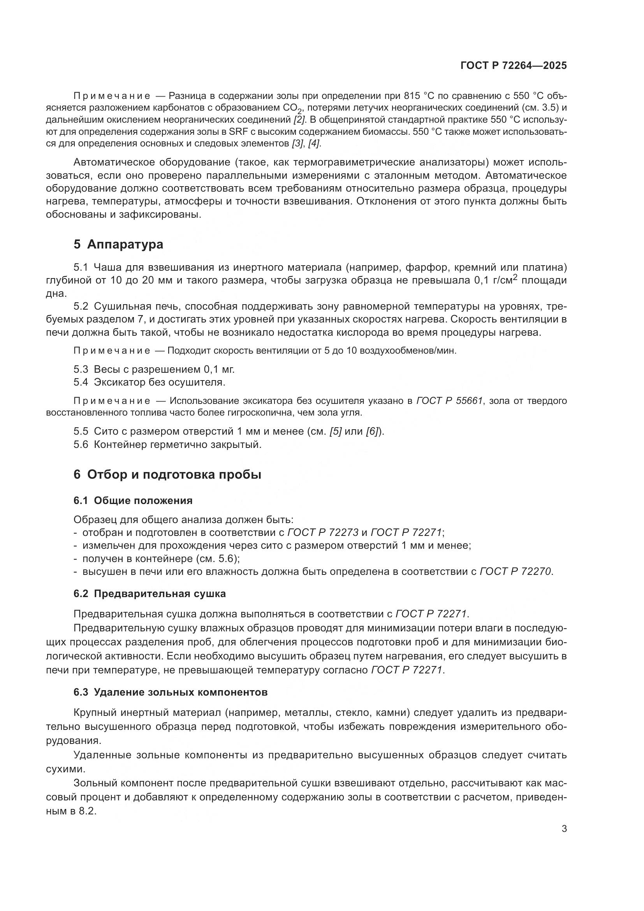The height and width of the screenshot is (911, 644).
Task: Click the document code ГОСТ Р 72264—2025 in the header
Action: click(x=514, y=65)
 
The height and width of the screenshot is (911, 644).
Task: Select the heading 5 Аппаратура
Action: click(x=118, y=245)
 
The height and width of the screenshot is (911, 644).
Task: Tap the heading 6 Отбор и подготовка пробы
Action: click(x=167, y=474)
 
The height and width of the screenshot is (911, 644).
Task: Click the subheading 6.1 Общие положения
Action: click(x=133, y=501)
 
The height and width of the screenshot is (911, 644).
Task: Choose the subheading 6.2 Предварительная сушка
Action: click(x=150, y=594)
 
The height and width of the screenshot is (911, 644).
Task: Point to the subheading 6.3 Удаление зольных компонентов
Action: click(x=171, y=693)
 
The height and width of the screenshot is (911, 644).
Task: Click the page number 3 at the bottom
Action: click(x=564, y=829)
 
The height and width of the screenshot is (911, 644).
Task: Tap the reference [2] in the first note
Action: click(x=299, y=120)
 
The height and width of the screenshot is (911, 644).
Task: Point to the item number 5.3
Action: click(x=81, y=369)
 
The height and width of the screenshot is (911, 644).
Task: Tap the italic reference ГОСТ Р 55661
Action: click(x=450, y=401)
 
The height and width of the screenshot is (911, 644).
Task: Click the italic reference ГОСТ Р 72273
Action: click(x=323, y=532)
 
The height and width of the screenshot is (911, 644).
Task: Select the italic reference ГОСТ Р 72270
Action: click(x=515, y=571)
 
